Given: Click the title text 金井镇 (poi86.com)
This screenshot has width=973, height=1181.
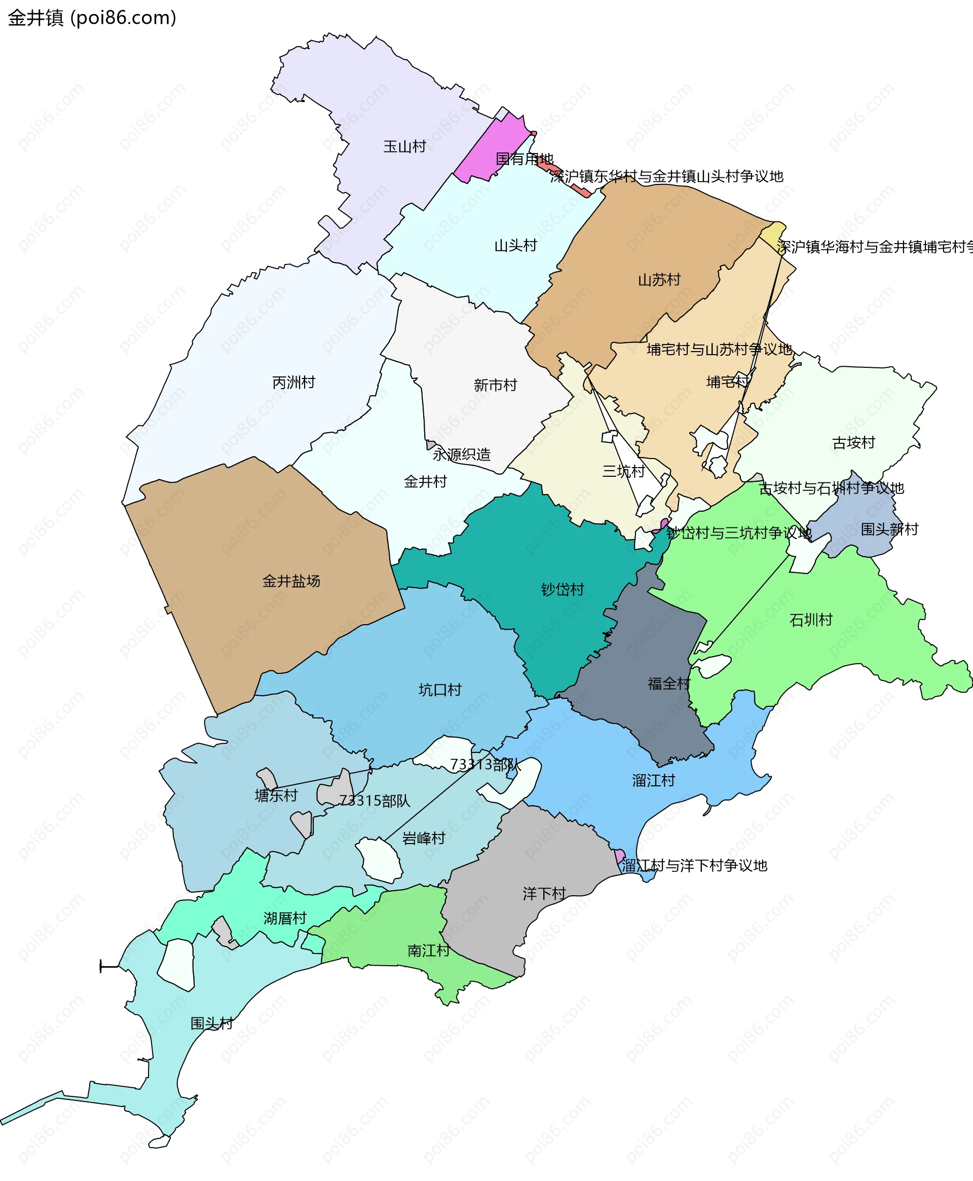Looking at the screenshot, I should coord(92,18).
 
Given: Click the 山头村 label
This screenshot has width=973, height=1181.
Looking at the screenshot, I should coord(515,246).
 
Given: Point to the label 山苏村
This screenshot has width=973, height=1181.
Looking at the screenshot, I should coord(659,280).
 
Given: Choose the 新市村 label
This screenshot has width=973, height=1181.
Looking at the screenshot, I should coord(495,386).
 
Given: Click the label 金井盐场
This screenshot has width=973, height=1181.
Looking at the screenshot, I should coord(291,582).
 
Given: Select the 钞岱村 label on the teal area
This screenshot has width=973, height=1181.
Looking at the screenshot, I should coord(562,590).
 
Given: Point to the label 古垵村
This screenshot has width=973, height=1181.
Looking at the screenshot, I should coord(853,443).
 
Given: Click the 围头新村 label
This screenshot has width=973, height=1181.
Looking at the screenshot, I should coord(889,529).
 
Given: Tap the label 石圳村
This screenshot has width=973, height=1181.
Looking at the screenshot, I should coord(810,620).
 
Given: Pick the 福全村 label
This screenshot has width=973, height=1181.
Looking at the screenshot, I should coord(668,684).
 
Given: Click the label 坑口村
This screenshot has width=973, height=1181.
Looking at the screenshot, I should coord(439,690).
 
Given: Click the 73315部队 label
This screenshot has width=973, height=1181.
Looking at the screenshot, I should coord(375,801).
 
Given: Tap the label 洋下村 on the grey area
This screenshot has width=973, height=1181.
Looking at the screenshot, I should coord(544,894).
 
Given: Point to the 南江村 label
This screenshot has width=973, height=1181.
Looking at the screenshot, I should coord(428,951).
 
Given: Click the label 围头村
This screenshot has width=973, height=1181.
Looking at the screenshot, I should coord(211,1023).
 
